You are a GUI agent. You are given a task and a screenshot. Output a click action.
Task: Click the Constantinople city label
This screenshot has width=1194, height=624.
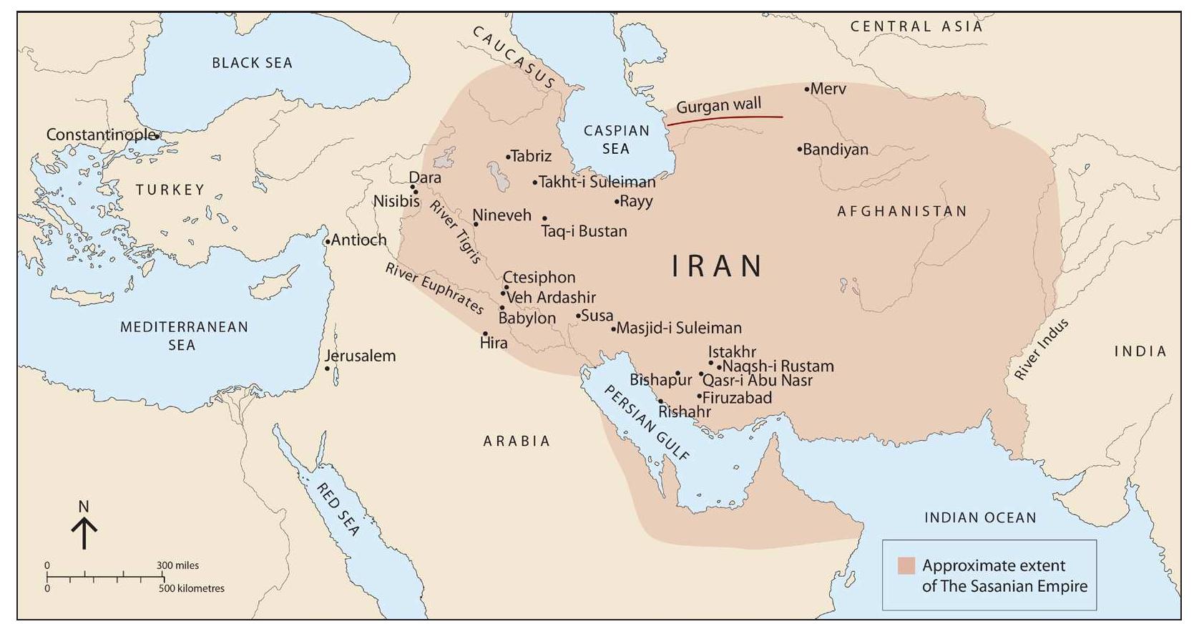100,135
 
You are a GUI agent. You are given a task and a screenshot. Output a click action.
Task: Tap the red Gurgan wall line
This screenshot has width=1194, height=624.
723,119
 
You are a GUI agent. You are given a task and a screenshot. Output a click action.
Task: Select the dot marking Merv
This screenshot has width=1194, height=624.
806,89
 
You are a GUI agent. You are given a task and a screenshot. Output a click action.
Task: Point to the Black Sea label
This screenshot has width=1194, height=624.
252,63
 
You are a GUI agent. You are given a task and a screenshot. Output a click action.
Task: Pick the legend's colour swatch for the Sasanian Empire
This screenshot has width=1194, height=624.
906,565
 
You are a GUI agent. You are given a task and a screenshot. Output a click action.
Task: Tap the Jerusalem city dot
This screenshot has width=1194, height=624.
327,369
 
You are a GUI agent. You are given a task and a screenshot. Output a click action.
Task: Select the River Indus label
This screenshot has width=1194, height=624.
1042,349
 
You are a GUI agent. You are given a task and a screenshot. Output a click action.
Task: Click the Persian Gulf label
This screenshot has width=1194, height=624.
647,422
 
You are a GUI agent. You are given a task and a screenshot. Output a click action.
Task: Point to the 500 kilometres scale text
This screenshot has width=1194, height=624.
192,588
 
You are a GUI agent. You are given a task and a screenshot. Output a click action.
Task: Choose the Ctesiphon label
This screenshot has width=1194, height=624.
539,277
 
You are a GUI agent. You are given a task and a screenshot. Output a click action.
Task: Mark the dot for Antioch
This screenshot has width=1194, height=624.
328,242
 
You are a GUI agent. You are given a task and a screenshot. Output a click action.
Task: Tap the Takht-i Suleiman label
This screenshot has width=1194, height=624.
597,182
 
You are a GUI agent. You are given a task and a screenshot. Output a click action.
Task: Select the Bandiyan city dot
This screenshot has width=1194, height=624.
799,150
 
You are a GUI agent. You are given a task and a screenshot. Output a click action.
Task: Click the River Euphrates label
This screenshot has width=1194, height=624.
434,288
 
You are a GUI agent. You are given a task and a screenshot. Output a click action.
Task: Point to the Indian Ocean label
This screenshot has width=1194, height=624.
979,517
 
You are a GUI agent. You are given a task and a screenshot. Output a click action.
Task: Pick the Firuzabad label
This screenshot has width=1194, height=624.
737,398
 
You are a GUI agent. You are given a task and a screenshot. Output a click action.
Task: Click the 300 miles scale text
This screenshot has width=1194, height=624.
178,565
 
